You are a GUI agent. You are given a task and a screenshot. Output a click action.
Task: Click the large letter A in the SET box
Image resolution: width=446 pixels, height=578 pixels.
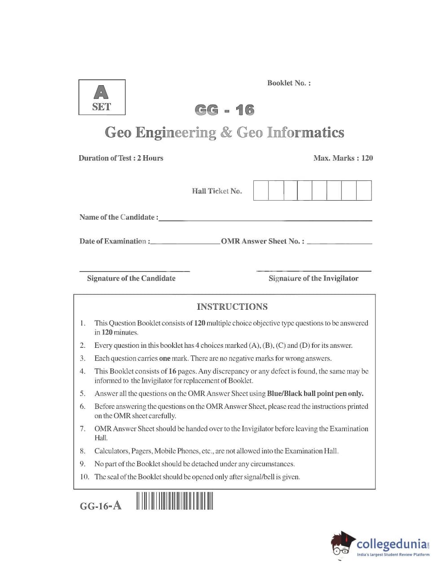pyautogui.click(x=102, y=92)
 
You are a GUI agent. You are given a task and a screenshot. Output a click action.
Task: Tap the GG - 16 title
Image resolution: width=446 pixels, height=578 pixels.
pyautogui.click(x=224, y=110)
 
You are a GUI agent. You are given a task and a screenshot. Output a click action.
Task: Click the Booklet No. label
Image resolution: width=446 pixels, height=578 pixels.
pyautogui.click(x=288, y=83)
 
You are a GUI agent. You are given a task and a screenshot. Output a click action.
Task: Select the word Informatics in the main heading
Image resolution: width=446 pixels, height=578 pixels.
pyautogui.click(x=305, y=132)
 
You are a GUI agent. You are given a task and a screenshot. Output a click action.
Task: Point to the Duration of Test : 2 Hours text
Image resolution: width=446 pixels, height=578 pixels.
pyautogui.click(x=121, y=158)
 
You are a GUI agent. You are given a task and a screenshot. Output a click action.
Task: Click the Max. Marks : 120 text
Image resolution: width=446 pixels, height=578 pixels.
pyautogui.click(x=343, y=158)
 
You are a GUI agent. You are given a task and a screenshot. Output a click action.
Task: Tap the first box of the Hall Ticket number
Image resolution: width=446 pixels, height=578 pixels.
pyautogui.click(x=261, y=190)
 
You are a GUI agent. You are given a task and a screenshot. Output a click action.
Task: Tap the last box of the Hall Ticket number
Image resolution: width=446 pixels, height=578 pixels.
pyautogui.click(x=364, y=190)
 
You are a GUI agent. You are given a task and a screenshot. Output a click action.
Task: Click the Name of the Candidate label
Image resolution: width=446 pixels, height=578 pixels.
pyautogui.click(x=119, y=217)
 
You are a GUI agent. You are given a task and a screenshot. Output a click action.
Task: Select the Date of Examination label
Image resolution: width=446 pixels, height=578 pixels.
pyautogui.click(x=115, y=241)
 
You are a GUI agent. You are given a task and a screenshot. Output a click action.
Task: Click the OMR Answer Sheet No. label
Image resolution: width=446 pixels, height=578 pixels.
pyautogui.click(x=262, y=241)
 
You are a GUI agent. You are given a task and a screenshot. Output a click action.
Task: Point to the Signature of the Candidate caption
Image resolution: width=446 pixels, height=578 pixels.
pyautogui.click(x=131, y=278)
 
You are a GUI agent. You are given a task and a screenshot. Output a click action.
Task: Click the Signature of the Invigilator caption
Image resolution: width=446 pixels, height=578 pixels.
pyautogui.click(x=314, y=278)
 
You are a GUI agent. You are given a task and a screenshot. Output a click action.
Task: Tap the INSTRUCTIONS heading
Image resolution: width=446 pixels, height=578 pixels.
pyautogui.click(x=232, y=307)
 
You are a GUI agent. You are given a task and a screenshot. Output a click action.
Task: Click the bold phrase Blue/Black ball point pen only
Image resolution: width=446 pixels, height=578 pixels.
pyautogui.click(x=315, y=394)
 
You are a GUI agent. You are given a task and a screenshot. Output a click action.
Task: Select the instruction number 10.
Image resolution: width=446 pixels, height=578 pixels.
pyautogui.click(x=84, y=477)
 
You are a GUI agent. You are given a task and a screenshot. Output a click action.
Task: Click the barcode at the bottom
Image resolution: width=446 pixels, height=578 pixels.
pyautogui.click(x=175, y=501)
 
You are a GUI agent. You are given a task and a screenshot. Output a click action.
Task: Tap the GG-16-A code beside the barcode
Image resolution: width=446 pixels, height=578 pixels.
pyautogui.click(x=101, y=506)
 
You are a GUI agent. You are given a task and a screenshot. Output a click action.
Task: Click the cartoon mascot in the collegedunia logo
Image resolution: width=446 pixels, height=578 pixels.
pyautogui.click(x=343, y=544)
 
